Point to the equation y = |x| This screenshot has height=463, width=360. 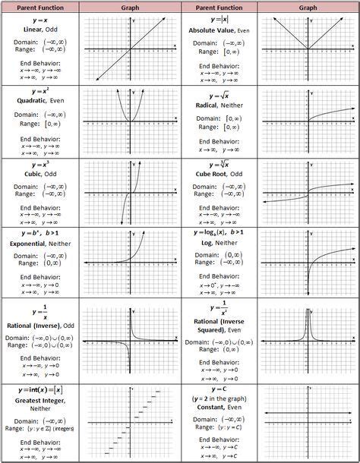point(218,18)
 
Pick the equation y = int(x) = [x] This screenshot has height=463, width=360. point(39,389)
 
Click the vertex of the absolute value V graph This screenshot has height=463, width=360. point(308,50)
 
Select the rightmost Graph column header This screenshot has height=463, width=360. point(308,6)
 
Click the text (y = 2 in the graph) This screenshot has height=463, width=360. point(219,398)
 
